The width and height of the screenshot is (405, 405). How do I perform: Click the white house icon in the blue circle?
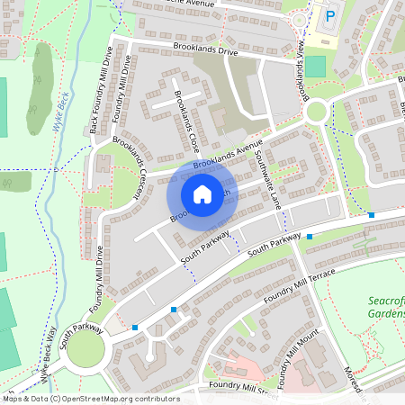pyautogui.click(x=202, y=193)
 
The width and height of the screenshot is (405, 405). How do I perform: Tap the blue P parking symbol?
pyautogui.click(x=329, y=15)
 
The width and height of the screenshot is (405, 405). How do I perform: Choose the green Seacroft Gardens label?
pyautogui.click(x=386, y=307)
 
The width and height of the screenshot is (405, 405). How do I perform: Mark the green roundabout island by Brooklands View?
pyautogui.click(x=316, y=112)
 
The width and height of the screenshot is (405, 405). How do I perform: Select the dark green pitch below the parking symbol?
pyautogui.click(x=315, y=66)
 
